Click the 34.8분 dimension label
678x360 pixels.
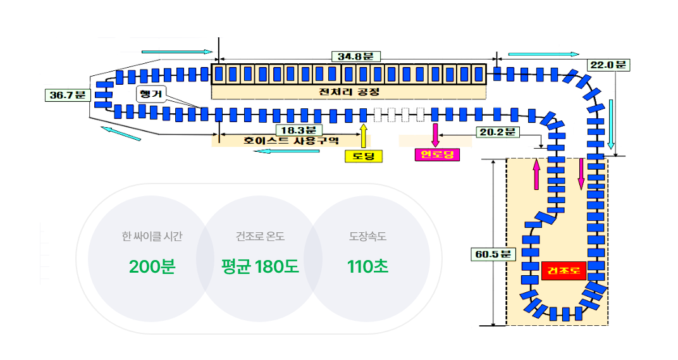coord(356,56)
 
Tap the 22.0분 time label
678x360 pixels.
coord(608,65)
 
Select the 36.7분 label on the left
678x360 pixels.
coord(68,95)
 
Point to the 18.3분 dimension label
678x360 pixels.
coord(299,130)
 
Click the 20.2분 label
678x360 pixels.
coord(498,132)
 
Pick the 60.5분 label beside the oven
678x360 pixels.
coord(493,254)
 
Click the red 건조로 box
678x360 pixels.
coord(564,271)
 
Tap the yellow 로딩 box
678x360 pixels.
coord(364,156)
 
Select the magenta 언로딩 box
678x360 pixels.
coord(437,154)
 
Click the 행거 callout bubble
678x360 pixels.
coord(151,94)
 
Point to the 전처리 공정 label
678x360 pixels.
coord(349,92)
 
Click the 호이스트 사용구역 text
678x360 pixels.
coord(291,141)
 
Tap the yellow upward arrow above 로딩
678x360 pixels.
coord(364,136)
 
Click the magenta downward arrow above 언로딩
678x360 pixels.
coord(435,135)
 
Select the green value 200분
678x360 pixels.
coord(152,266)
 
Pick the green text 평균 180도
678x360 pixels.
coord(260,266)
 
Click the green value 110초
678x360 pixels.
coord(367,266)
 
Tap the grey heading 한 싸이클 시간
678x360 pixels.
coord(152,236)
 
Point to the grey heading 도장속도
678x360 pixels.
coord(367,236)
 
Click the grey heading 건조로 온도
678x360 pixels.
coord(260,236)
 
